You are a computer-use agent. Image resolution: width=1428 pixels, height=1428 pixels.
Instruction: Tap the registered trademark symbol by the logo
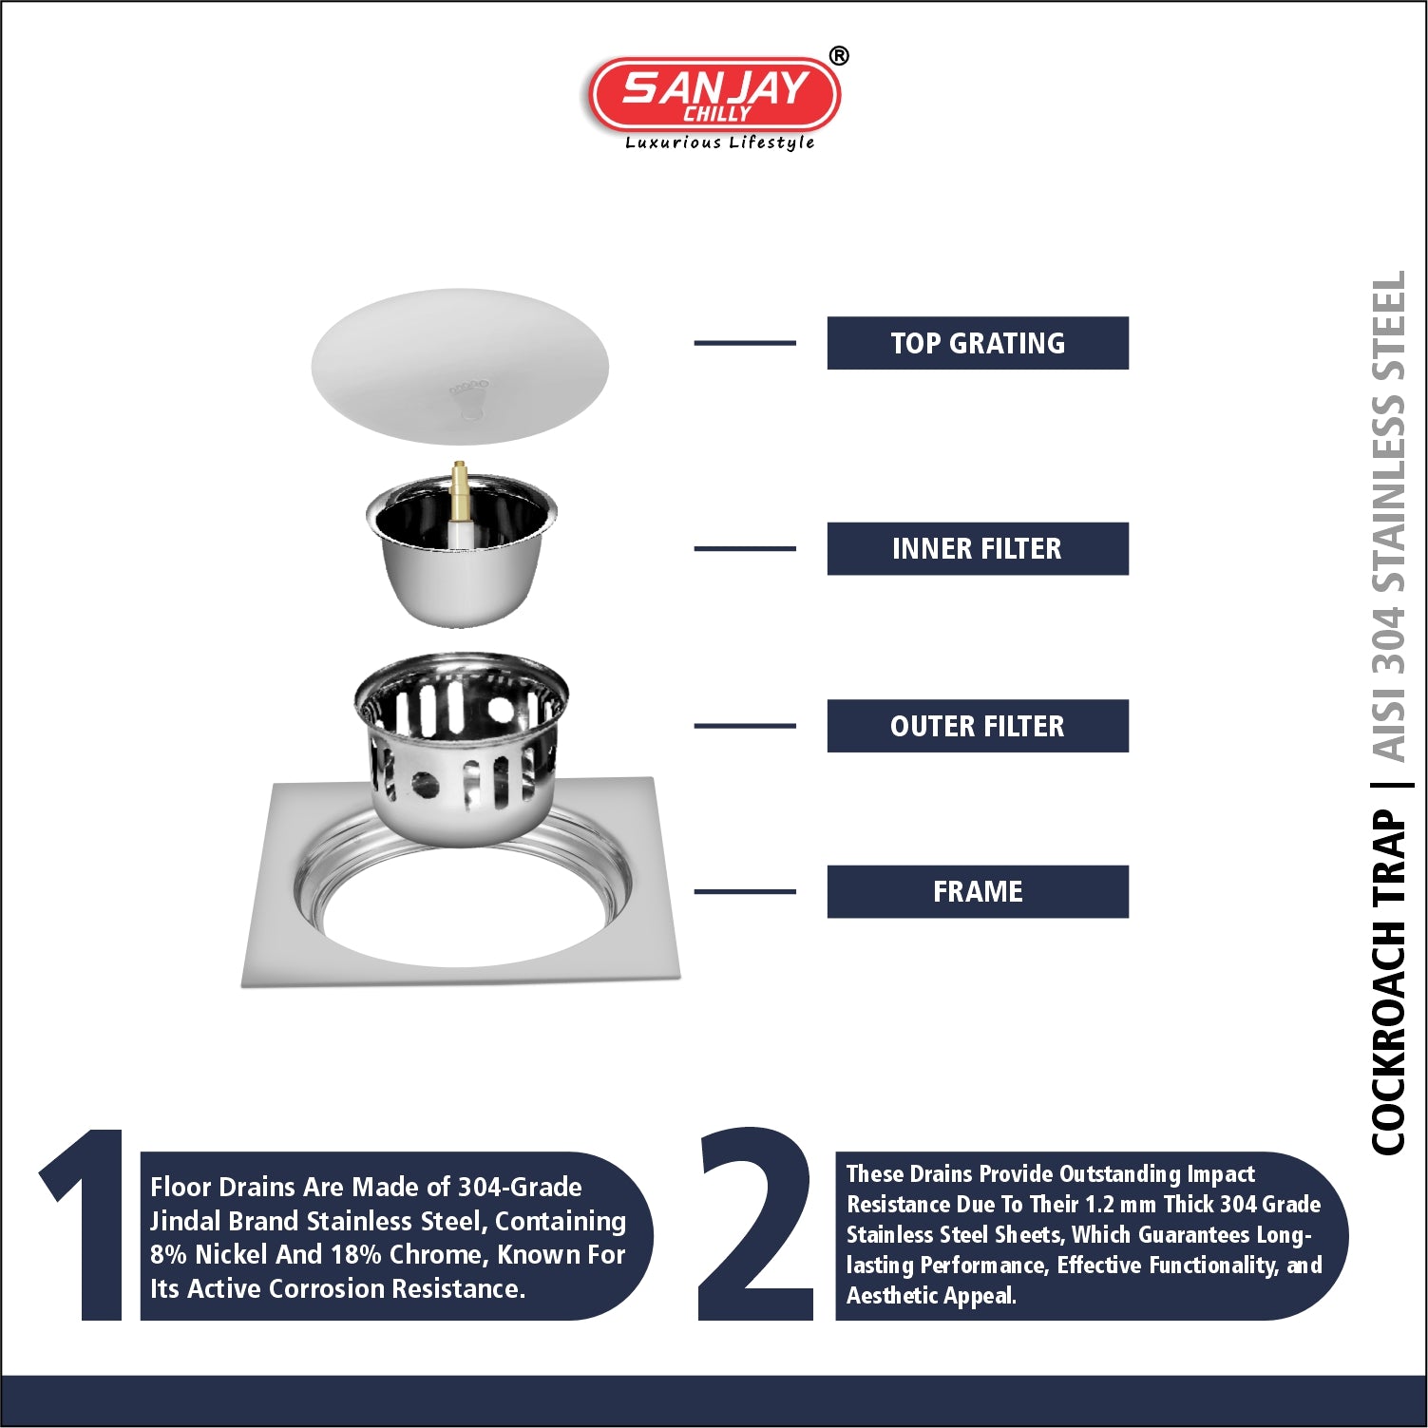(839, 56)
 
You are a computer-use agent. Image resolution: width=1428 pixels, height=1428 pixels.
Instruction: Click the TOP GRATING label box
(978, 343)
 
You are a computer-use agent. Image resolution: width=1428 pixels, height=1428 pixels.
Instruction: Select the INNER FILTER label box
(978, 548)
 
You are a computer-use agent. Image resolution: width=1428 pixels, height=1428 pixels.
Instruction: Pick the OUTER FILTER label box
(978, 726)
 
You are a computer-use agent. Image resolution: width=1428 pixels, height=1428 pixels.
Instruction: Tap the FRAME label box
(978, 891)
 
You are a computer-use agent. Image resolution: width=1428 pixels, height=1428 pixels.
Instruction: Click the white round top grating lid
(460, 366)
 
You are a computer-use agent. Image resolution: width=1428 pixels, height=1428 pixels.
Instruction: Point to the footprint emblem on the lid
(469, 398)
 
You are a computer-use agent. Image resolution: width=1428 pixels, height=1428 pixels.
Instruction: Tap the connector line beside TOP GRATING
(745, 343)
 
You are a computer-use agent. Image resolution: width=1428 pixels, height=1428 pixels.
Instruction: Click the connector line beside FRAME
(745, 891)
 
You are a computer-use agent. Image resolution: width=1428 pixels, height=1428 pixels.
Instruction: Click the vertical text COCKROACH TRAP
(1389, 982)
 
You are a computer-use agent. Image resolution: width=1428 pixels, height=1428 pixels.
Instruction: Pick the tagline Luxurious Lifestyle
(719, 143)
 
